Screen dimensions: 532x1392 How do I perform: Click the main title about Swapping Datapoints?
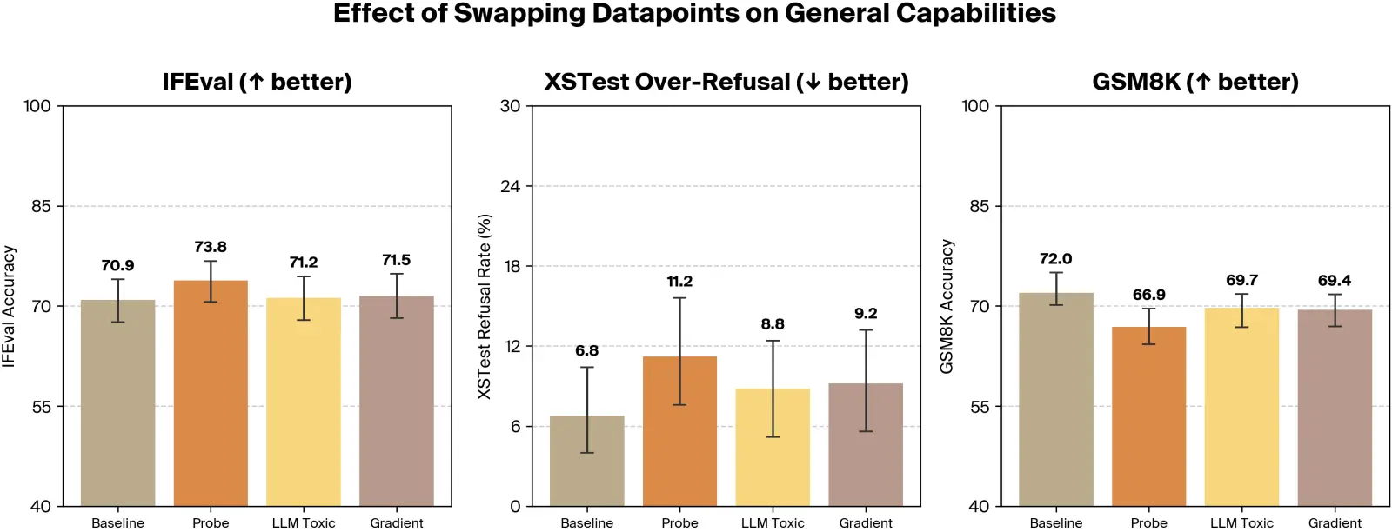[694, 14]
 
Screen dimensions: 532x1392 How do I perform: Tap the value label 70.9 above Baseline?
[117, 266]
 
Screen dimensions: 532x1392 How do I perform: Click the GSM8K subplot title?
[1195, 82]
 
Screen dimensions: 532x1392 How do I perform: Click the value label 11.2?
[679, 282]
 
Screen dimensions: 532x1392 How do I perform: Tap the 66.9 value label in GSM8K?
[1148, 296]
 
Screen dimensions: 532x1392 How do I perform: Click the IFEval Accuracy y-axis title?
[10, 306]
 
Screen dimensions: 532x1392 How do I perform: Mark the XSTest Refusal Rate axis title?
[485, 306]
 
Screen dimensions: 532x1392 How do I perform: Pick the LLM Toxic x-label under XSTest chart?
[773, 522]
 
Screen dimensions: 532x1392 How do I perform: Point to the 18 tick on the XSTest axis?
[512, 266]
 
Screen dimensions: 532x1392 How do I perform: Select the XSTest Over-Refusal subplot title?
[726, 82]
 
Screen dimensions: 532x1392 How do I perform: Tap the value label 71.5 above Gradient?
[396, 261]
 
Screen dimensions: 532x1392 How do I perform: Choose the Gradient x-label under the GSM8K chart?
[1335, 522]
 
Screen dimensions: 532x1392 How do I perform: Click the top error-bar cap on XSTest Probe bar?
[679, 298]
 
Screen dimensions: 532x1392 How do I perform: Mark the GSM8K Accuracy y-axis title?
[947, 306]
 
